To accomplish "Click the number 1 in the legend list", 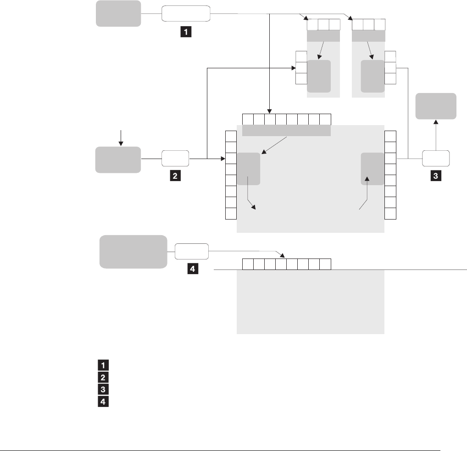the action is [103, 365].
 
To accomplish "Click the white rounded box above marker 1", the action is [186, 14].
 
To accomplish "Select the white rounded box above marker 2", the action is [175, 159].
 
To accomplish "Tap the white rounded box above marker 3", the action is [435, 158].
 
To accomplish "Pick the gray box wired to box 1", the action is [118, 13].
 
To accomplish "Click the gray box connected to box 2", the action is [118, 159].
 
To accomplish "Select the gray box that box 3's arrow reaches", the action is [436, 106].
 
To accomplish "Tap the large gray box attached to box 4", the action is [133, 251].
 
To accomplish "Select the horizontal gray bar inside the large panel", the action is [286, 131].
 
